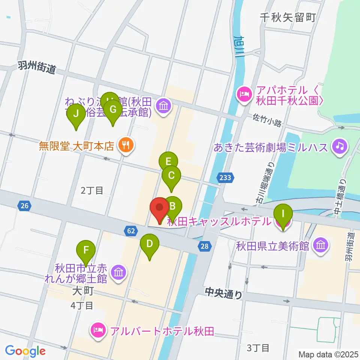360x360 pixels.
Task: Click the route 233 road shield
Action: [x=226, y=177]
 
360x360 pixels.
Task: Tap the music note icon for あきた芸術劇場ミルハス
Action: [x=340, y=146]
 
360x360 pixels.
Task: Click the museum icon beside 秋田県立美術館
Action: [x=321, y=246]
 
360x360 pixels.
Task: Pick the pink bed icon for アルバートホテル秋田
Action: [x=97, y=331]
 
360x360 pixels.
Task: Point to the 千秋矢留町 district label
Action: [x=288, y=17]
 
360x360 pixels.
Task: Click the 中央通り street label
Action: [x=223, y=293]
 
